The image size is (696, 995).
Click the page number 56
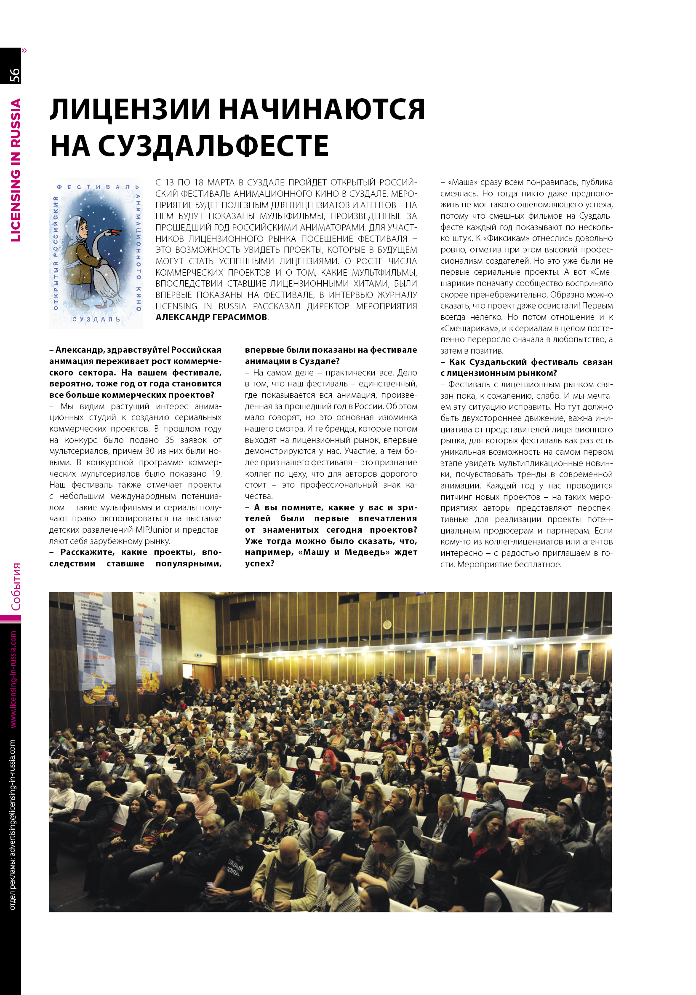point(15,75)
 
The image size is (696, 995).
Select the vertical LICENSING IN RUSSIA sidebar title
point(16,170)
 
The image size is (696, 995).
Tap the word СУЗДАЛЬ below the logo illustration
point(96,319)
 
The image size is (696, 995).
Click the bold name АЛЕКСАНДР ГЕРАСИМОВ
point(211,317)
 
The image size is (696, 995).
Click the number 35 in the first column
point(169,440)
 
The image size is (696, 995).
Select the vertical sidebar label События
point(16,587)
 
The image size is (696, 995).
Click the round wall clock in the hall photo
point(387,625)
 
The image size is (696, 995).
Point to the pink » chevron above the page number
point(24,51)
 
